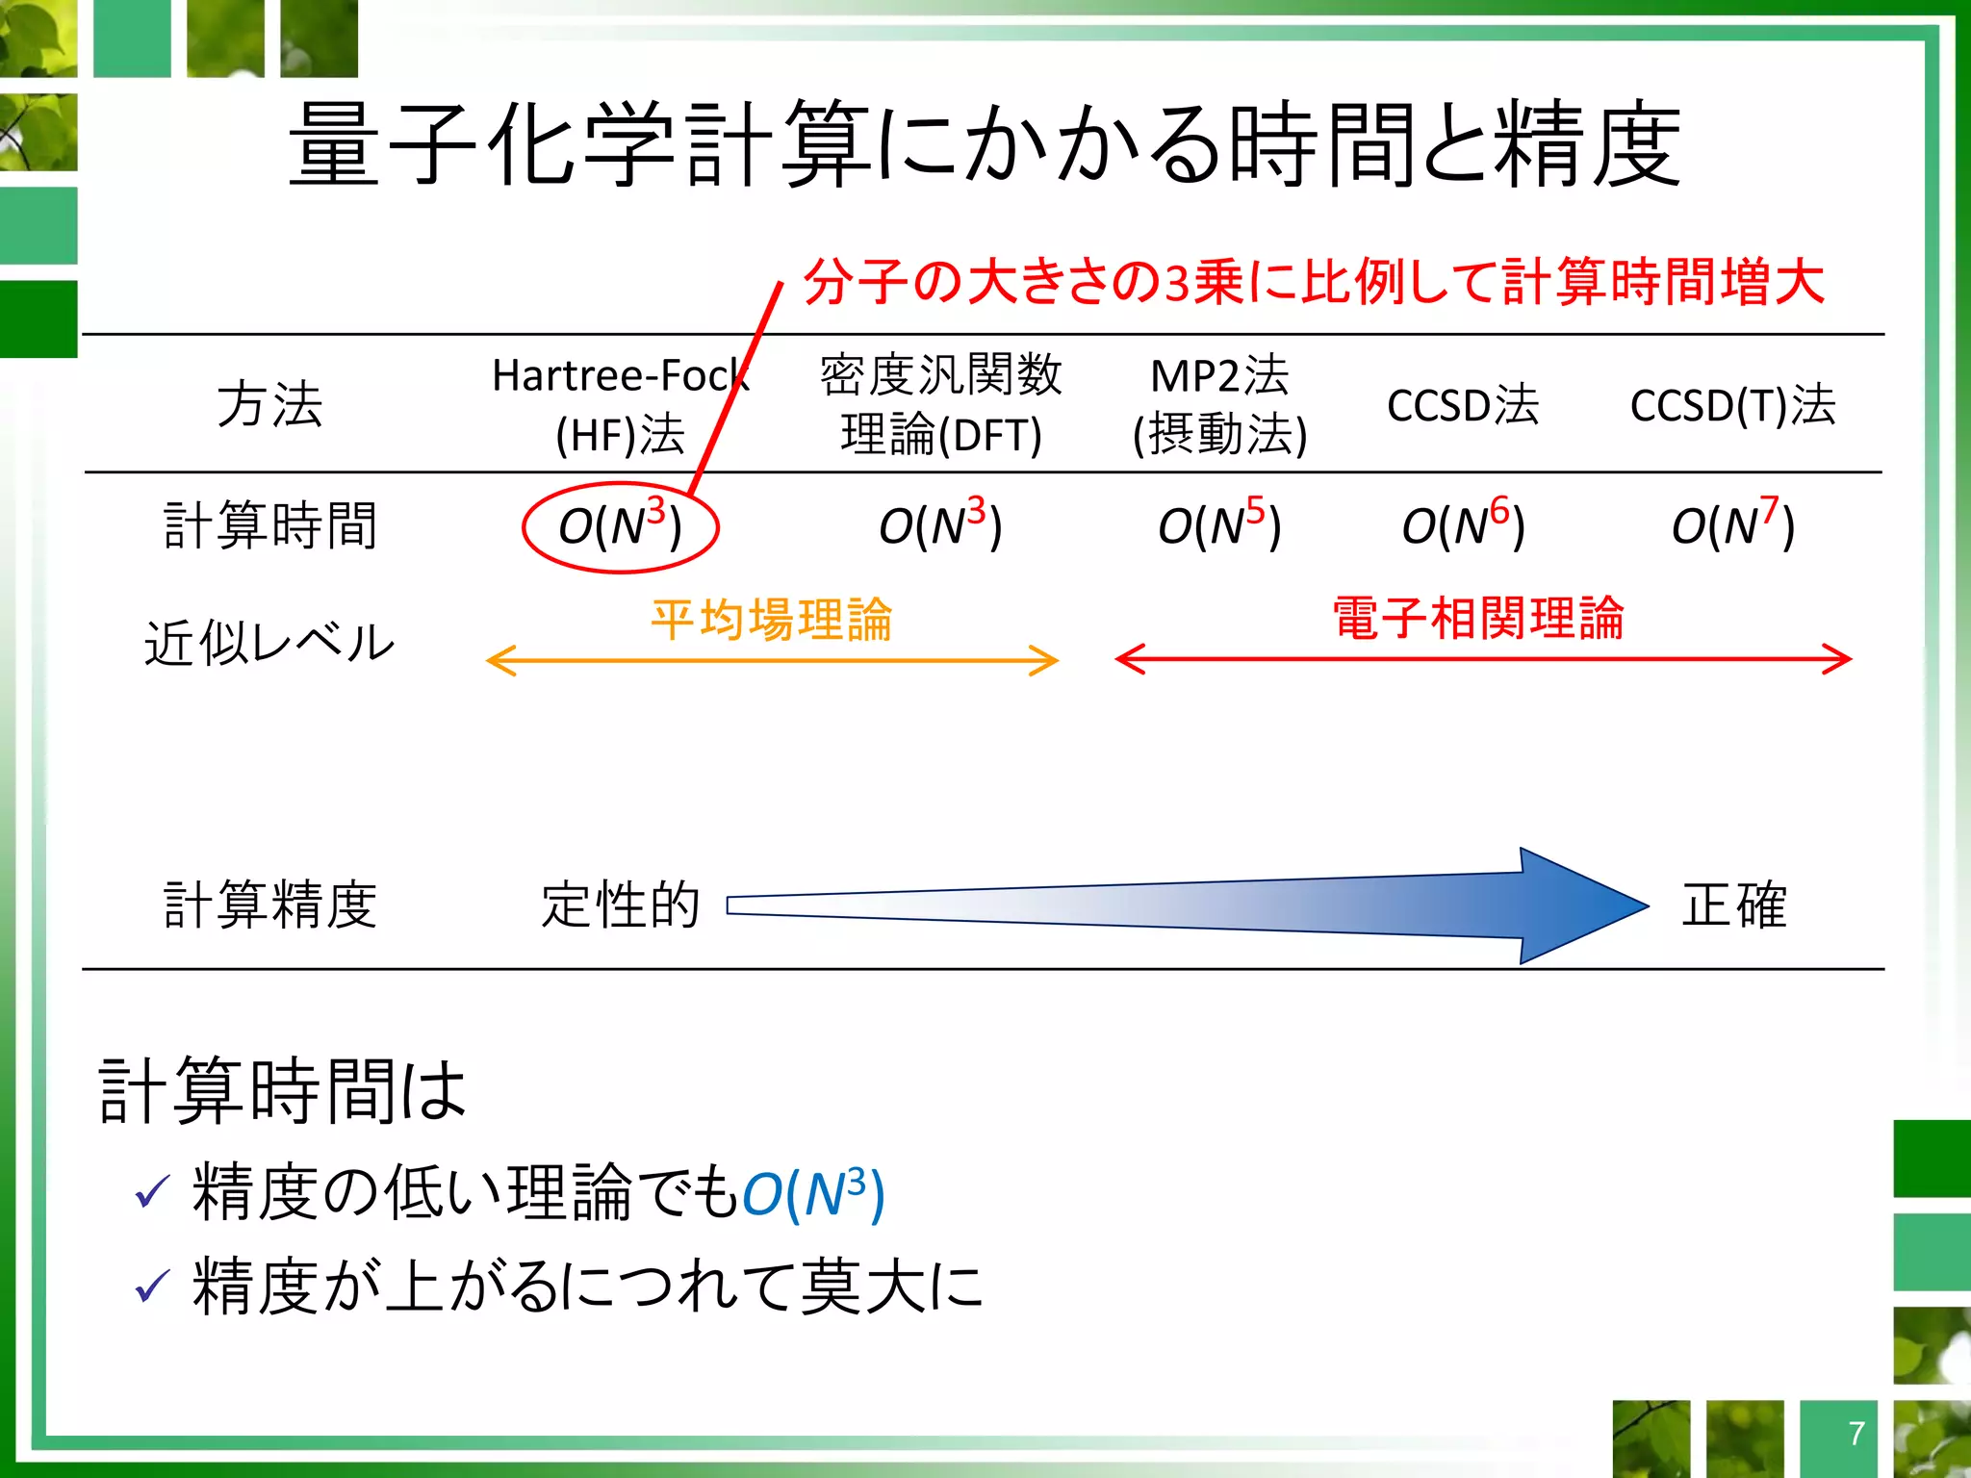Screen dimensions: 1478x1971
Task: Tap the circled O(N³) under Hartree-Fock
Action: tap(621, 526)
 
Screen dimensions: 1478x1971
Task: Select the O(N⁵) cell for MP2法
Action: tap(1219, 526)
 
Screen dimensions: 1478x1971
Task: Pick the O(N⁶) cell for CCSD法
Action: tap(1463, 526)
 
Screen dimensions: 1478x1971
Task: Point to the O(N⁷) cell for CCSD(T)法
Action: tap(1732, 526)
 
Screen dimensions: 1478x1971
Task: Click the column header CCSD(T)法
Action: tap(1732, 405)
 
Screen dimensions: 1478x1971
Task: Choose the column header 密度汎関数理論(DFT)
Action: tap(940, 405)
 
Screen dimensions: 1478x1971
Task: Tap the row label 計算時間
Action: tap(269, 526)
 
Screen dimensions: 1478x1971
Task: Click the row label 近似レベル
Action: tap(269, 643)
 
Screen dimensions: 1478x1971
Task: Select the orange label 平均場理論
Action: tap(772, 619)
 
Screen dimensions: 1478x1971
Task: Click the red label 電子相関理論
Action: tap(1478, 619)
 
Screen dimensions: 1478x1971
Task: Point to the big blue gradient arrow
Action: tap(1251, 905)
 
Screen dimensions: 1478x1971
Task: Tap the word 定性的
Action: tap(621, 905)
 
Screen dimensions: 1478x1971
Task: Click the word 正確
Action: tap(1733, 905)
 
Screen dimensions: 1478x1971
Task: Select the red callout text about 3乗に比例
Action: tap(1314, 283)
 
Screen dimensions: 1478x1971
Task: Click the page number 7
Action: tap(1856, 1434)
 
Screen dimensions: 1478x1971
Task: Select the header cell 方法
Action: tap(269, 405)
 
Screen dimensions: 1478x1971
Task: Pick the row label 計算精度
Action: tap(269, 905)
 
